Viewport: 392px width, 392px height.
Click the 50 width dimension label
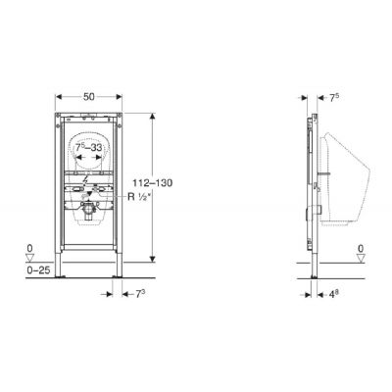pos(89,97)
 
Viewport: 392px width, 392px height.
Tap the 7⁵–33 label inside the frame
pos(89,148)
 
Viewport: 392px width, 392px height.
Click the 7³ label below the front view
pos(140,294)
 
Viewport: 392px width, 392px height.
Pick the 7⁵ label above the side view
pos(333,98)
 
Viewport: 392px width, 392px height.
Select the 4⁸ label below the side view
pos(333,294)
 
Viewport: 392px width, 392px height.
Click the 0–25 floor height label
pos(38,270)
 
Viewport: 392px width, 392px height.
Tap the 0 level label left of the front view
pos(30,249)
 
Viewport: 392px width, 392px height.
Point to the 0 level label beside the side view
pos(361,249)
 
